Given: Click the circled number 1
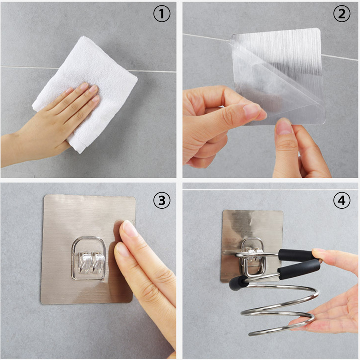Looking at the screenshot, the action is pos(162,13).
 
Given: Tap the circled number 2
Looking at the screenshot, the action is pos(342,13).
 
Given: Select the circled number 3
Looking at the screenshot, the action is pos(162,200).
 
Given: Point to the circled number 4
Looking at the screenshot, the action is pos(342,200).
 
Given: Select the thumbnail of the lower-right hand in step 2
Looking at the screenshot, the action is pos(284,127).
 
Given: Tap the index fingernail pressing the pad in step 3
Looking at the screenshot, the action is pos(130,228).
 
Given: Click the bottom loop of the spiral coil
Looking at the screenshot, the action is pos(283,325).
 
